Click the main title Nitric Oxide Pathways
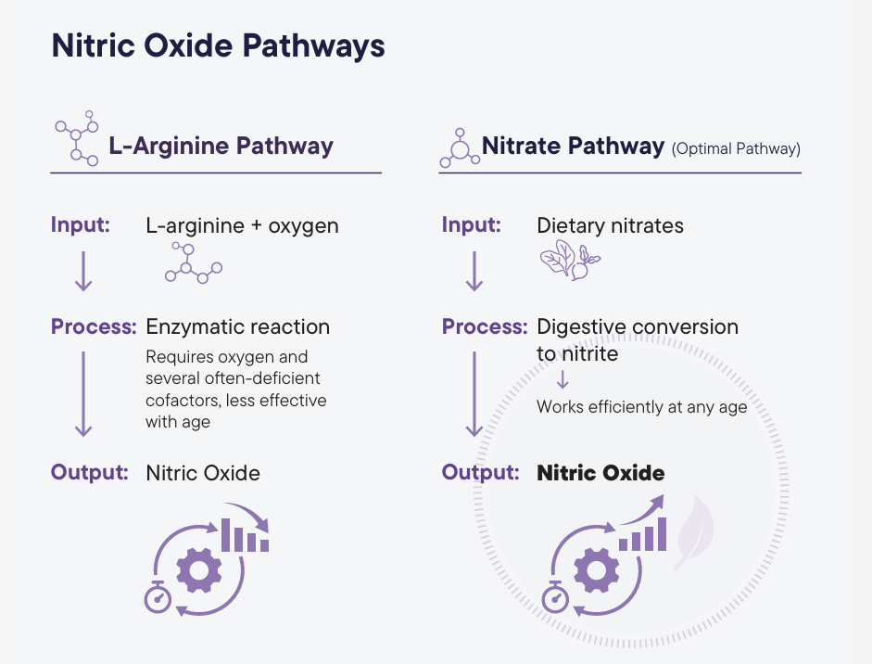tap(218, 46)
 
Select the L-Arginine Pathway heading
tap(221, 146)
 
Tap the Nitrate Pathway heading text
tap(573, 146)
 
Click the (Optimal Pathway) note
tap(736, 148)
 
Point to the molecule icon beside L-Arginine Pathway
tap(77, 139)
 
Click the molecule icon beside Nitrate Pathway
tap(459, 147)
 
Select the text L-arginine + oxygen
tap(242, 225)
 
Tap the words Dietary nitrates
tap(610, 225)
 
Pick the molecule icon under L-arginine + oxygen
tap(193, 263)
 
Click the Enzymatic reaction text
tap(237, 326)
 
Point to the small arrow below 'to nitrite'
tap(562, 379)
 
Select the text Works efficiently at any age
tap(641, 407)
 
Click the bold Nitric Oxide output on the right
tap(600, 473)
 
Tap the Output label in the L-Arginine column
tap(89, 472)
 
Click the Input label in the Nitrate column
tap(472, 225)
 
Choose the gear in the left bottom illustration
tap(199, 569)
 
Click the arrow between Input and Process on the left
tap(83, 270)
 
